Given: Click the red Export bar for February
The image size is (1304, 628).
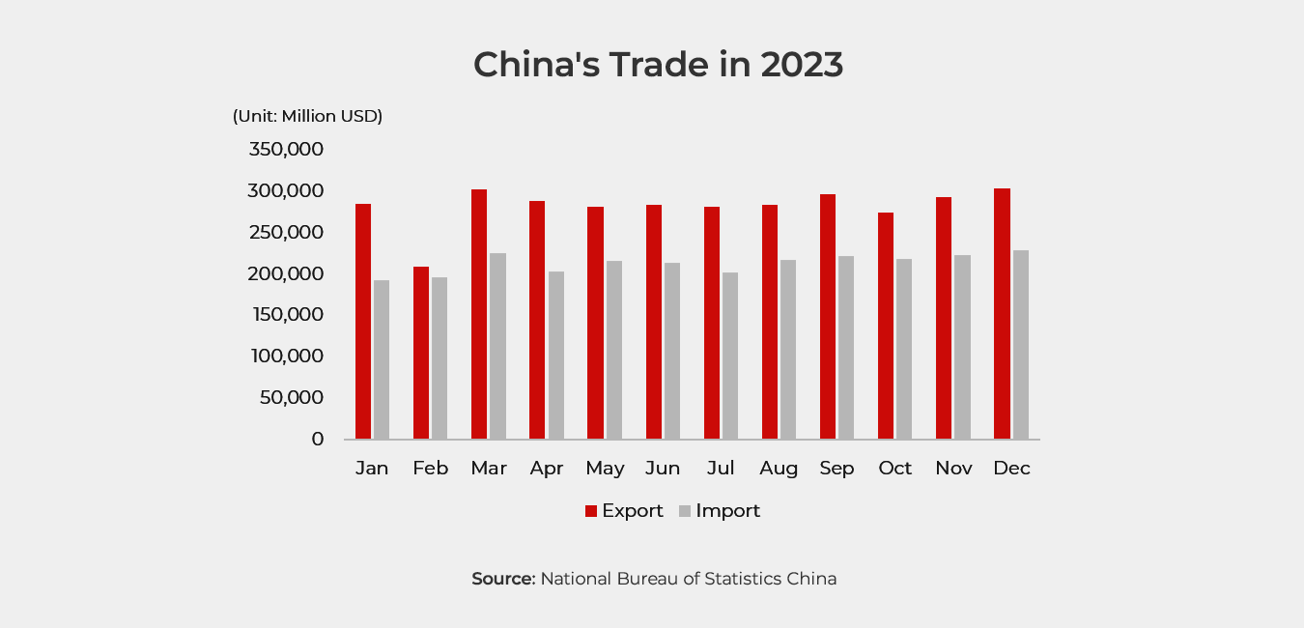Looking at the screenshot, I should pos(421,353).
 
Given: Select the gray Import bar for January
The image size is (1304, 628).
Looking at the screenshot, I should pos(382,359).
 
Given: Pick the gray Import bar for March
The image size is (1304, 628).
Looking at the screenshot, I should pos(497,346).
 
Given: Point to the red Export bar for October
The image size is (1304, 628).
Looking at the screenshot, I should pos(886,326).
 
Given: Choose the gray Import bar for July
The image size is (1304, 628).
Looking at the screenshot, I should pos(730,356).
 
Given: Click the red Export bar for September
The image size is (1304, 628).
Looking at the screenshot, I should pos(828,317).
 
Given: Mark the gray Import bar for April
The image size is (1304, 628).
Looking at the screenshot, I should pos(555,356).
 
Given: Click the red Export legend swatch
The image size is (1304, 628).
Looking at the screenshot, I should pos(591,511).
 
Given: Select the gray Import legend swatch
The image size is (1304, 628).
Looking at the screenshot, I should pos(685,511).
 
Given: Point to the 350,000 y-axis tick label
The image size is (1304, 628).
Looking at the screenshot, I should pos(286,150).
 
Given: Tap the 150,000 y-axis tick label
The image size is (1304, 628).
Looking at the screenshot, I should pos(286,315).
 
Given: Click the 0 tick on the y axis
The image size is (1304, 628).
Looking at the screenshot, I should pos(318,439).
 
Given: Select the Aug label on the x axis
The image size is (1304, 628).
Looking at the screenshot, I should pos(779,469).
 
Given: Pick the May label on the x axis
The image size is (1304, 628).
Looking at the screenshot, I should pos(605,469).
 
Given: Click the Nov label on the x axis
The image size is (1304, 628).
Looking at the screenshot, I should pos(953,469).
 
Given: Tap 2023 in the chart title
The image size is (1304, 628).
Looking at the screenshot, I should pos(802,65).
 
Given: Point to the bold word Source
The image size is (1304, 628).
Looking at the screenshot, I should pos(502,579).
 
